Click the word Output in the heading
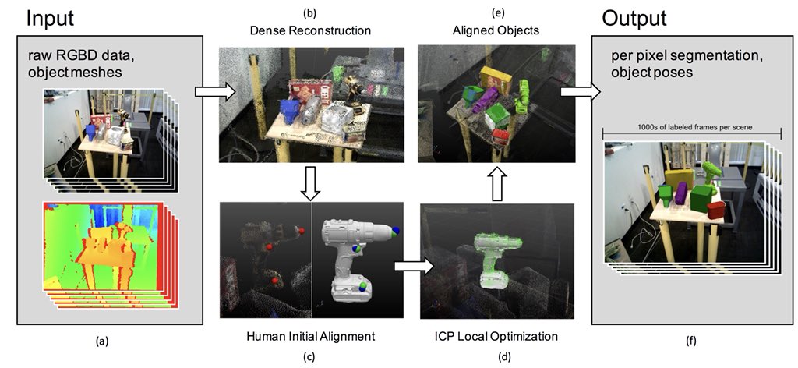tap(634, 18)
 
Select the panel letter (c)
tap(309, 357)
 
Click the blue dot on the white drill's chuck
tap(396, 231)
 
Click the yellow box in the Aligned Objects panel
tap(493, 78)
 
